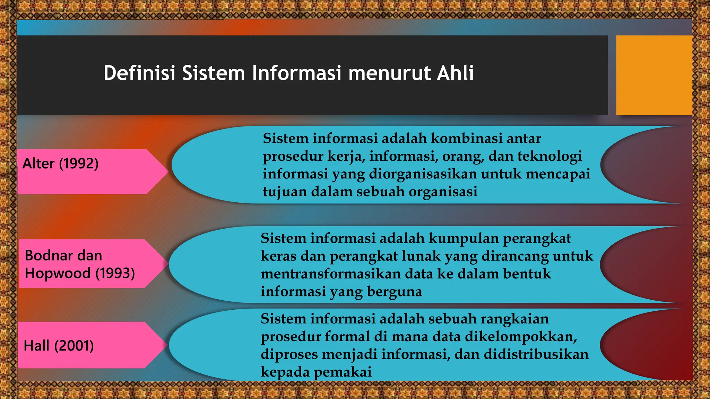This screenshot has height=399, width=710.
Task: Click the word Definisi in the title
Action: [140, 73]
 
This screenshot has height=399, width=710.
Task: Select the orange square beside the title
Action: [654, 75]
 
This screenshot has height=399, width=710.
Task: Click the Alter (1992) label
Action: [61, 163]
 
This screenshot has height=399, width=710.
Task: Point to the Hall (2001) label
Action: [59, 346]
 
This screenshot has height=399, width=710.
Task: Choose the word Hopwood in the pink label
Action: [58, 273]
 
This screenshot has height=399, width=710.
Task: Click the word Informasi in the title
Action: [297, 73]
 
